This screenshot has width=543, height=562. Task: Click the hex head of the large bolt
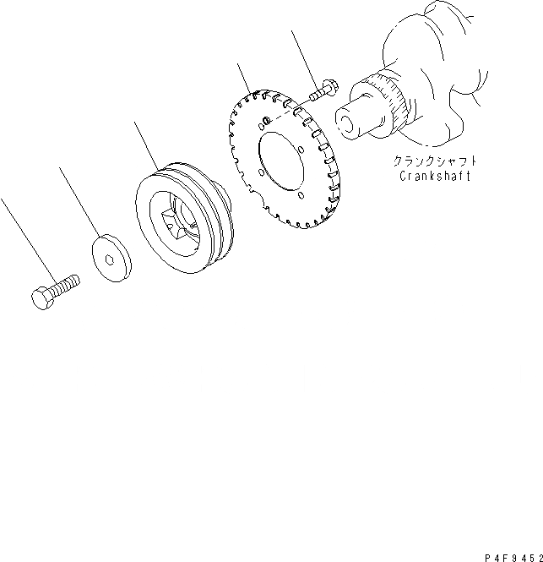[41, 299]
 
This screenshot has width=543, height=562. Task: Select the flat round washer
[111, 260]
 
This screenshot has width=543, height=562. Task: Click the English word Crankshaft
[434, 177]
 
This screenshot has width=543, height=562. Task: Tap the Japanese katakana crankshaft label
[434, 161]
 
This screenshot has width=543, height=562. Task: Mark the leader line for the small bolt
[306, 56]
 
